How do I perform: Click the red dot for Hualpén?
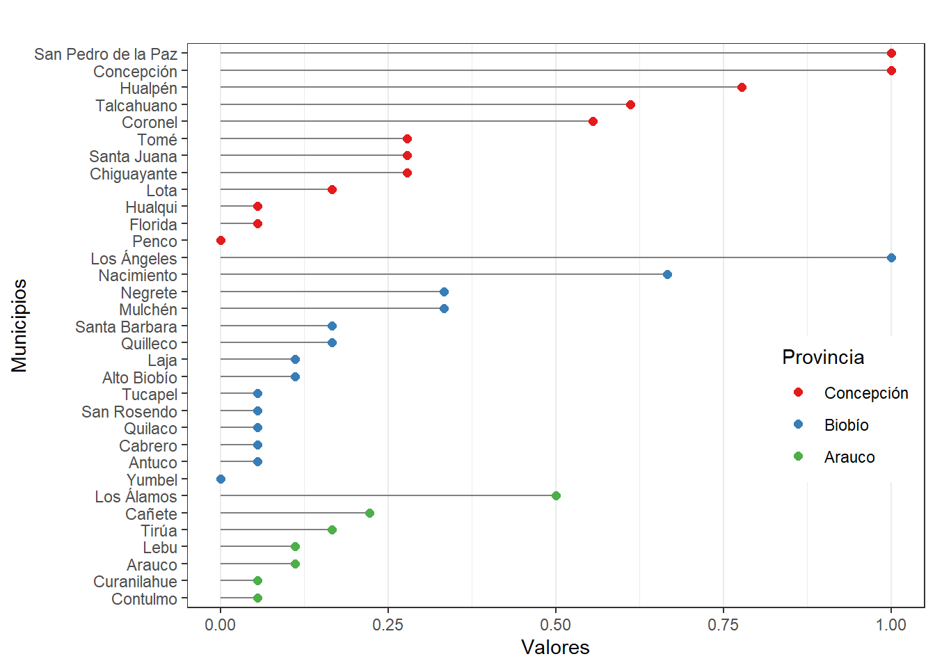[x=742, y=88]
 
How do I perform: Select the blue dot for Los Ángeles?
[x=891, y=258]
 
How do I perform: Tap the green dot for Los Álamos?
[x=556, y=496]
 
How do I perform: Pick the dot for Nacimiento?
[x=667, y=275]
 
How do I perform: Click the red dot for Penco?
[x=221, y=241]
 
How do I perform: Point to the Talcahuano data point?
[x=630, y=105]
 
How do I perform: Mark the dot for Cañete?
[x=369, y=514]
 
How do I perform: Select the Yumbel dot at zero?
[x=221, y=479]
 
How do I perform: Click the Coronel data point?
[x=593, y=122]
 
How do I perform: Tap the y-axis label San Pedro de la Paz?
[x=106, y=54]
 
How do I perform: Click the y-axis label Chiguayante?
[x=134, y=174]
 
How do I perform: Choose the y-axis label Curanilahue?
[x=136, y=582]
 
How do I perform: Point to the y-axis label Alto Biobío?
[x=140, y=378]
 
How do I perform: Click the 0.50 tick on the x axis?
[x=556, y=625]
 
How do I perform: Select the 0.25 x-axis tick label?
[x=388, y=625]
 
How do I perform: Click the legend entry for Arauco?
[x=849, y=457]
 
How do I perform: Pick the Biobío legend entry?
[x=846, y=425]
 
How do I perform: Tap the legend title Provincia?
[x=823, y=358]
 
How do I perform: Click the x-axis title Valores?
[x=555, y=648]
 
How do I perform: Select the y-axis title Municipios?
[x=19, y=326]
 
